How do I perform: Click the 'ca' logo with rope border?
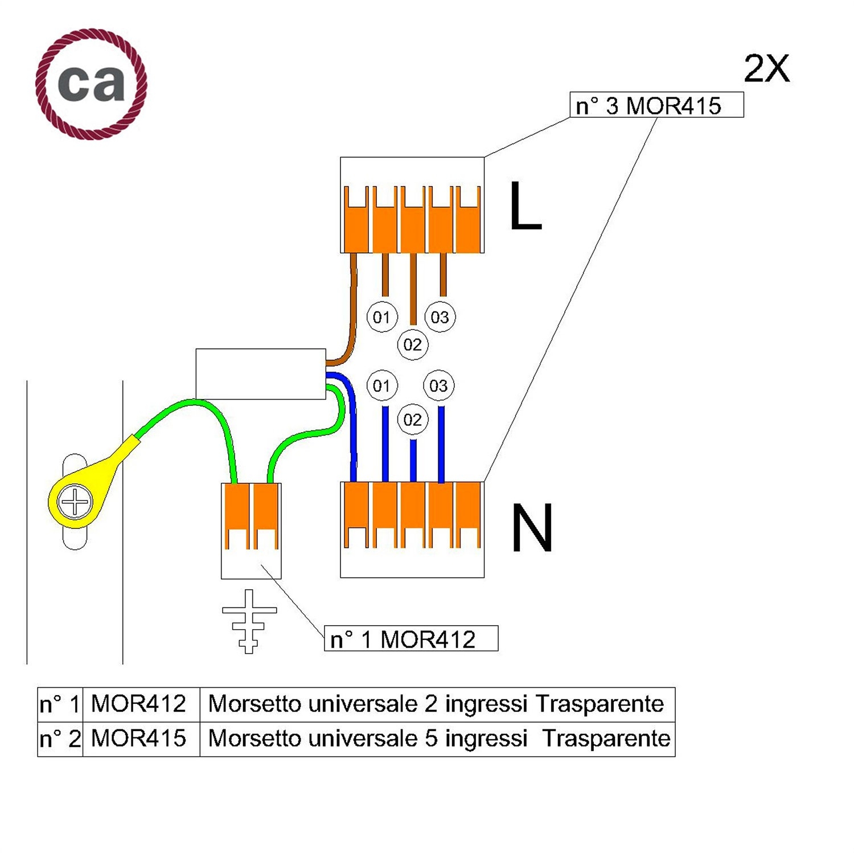pyautogui.click(x=91, y=84)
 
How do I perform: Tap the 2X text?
pyautogui.click(x=766, y=69)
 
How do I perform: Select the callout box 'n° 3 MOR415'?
pyautogui.click(x=656, y=105)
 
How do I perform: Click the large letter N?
pyautogui.click(x=532, y=528)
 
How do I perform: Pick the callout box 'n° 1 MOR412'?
pyautogui.click(x=411, y=638)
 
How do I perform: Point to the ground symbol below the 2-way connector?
pyautogui.click(x=249, y=621)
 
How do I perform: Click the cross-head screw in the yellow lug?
pyautogui.click(x=75, y=502)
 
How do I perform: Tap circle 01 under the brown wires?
pyautogui.click(x=381, y=317)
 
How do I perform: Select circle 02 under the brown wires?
pyautogui.click(x=413, y=344)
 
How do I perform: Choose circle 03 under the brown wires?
pyautogui.click(x=440, y=317)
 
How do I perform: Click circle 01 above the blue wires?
pyautogui.click(x=381, y=385)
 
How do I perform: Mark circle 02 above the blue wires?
pyautogui.click(x=413, y=420)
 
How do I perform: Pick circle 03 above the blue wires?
pyautogui.click(x=438, y=385)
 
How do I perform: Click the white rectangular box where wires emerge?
pyautogui.click(x=261, y=374)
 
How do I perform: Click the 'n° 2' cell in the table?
pyautogui.click(x=60, y=739)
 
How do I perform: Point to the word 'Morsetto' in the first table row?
pyautogui.click(x=254, y=704)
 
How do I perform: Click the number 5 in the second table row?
pyautogui.click(x=431, y=738)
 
